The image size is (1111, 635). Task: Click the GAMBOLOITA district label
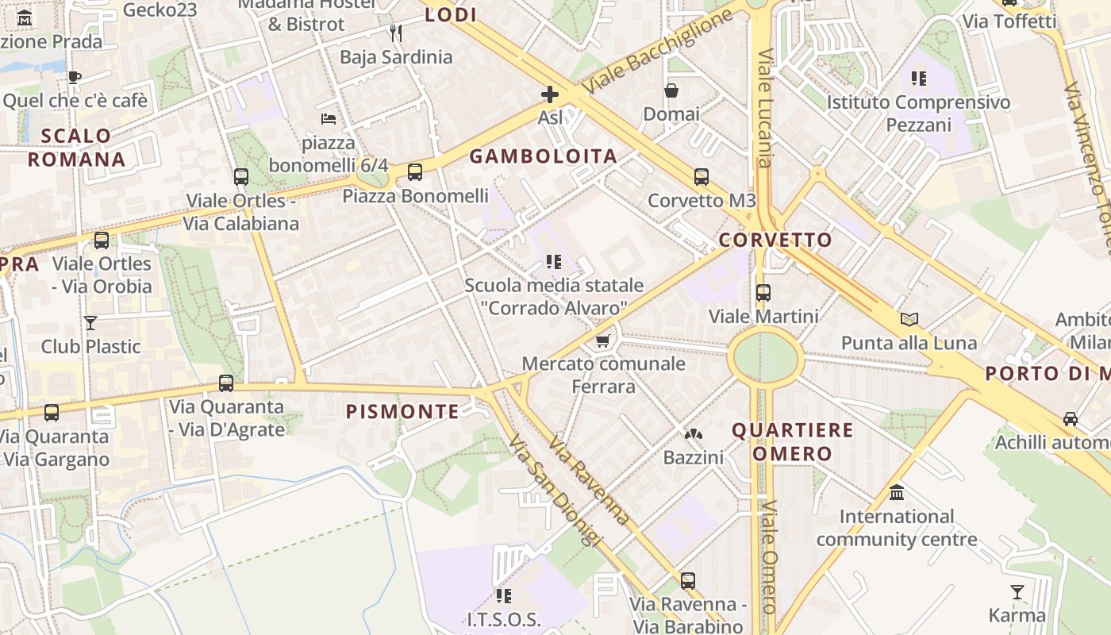pyautogui.click(x=543, y=156)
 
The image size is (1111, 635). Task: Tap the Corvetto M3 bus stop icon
pyautogui.click(x=701, y=176)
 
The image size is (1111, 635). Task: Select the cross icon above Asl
pyautogui.click(x=549, y=95)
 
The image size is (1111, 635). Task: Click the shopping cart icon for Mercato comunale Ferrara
pyautogui.click(x=602, y=341)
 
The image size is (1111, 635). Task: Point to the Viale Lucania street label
pyautogui.click(x=765, y=109)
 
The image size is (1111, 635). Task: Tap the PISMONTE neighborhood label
pyautogui.click(x=402, y=411)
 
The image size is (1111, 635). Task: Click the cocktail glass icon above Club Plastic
pyautogui.click(x=90, y=323)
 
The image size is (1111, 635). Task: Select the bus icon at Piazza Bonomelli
pyautogui.click(x=414, y=171)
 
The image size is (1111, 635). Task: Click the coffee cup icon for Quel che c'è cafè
pyautogui.click(x=75, y=77)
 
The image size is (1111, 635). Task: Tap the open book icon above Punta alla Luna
pyautogui.click(x=909, y=319)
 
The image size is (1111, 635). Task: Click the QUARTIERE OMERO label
pyautogui.click(x=792, y=442)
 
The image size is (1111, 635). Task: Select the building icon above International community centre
pyautogui.click(x=897, y=493)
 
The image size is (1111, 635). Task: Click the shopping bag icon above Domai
pyautogui.click(x=671, y=90)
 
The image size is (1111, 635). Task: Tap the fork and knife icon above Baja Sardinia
pyautogui.click(x=396, y=33)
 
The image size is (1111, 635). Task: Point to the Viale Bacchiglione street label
pyautogui.click(x=658, y=52)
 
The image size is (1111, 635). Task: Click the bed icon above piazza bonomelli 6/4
pyautogui.click(x=329, y=119)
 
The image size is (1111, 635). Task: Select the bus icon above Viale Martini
pyautogui.click(x=763, y=292)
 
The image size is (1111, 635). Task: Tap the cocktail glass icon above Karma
pyautogui.click(x=1017, y=591)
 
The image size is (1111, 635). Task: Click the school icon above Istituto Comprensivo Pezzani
pyautogui.click(x=919, y=78)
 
